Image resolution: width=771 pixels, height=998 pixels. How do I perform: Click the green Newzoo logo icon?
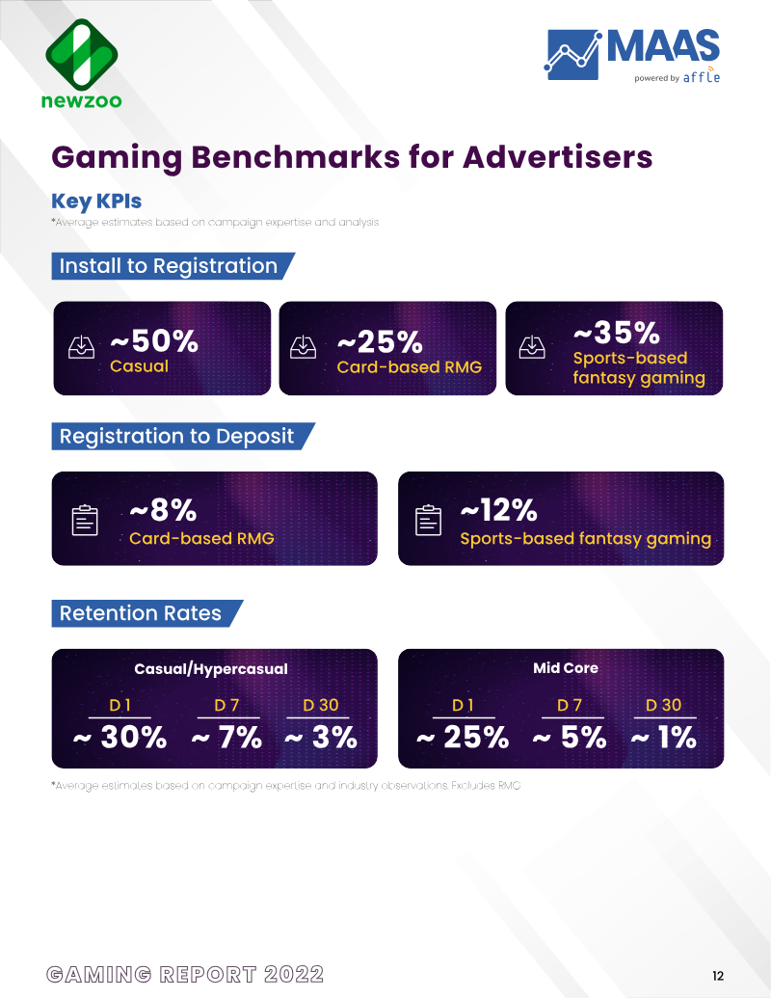[81, 54]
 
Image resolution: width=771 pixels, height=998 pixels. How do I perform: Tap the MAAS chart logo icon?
[572, 55]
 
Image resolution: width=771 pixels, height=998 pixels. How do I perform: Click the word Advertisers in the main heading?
[557, 156]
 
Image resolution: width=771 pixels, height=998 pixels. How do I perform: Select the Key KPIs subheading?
[96, 202]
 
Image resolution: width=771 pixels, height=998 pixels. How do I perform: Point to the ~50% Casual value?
[154, 340]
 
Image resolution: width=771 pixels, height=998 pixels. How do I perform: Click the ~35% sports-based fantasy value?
[617, 332]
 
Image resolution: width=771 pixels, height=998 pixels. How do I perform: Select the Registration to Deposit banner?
[183, 436]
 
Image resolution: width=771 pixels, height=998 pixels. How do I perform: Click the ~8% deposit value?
[163, 509]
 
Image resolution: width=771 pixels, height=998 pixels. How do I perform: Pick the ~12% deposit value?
[498, 509]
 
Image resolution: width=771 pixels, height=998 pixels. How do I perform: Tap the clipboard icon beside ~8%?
[85, 520]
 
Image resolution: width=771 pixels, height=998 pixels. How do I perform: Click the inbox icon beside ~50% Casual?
[81, 347]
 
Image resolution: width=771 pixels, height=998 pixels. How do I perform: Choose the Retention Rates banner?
[146, 613]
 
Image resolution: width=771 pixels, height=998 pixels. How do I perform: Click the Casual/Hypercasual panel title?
[210, 669]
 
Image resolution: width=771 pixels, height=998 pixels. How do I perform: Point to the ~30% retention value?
[120, 737]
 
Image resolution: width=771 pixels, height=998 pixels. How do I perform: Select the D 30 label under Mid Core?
[663, 705]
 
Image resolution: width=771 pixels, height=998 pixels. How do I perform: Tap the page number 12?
[718, 976]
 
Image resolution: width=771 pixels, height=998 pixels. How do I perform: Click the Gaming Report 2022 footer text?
[185, 975]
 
